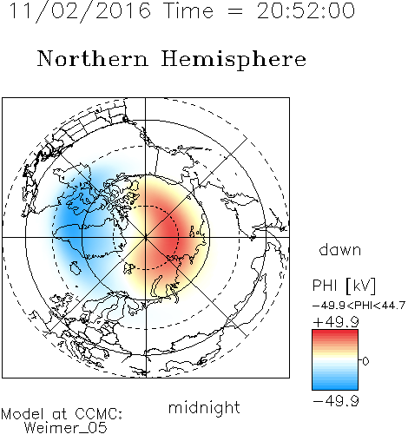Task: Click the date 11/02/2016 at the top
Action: [x=80, y=10]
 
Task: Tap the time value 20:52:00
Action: [x=306, y=10]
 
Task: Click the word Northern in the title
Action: [x=93, y=59]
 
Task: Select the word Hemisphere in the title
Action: [x=234, y=59]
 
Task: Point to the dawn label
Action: [x=340, y=249]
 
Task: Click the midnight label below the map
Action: [x=204, y=407]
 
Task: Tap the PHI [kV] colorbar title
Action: [x=344, y=286]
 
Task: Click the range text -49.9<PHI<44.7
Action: [x=359, y=306]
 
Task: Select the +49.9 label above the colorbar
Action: [x=336, y=322]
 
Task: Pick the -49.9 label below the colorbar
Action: [x=336, y=401]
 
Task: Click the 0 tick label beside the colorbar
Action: [x=365, y=361]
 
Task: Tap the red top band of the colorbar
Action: [x=335, y=334]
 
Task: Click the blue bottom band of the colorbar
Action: [x=335, y=385]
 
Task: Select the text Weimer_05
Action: [x=66, y=428]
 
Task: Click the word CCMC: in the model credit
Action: [x=98, y=414]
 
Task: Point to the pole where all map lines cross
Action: [x=146, y=237]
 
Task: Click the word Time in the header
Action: [x=188, y=10]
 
